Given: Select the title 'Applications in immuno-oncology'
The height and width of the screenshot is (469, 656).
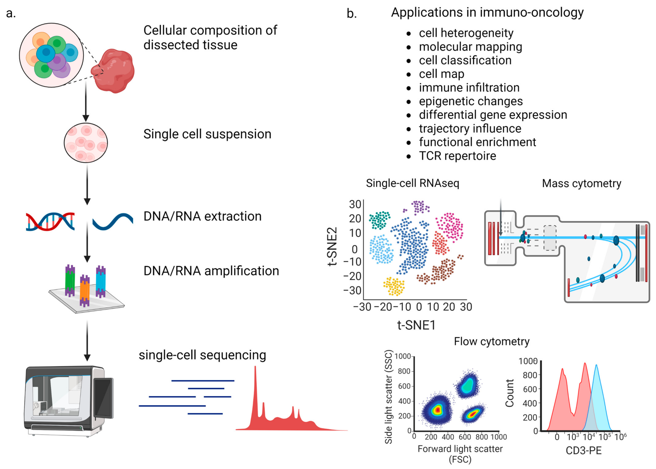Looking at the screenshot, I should [x=487, y=12].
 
